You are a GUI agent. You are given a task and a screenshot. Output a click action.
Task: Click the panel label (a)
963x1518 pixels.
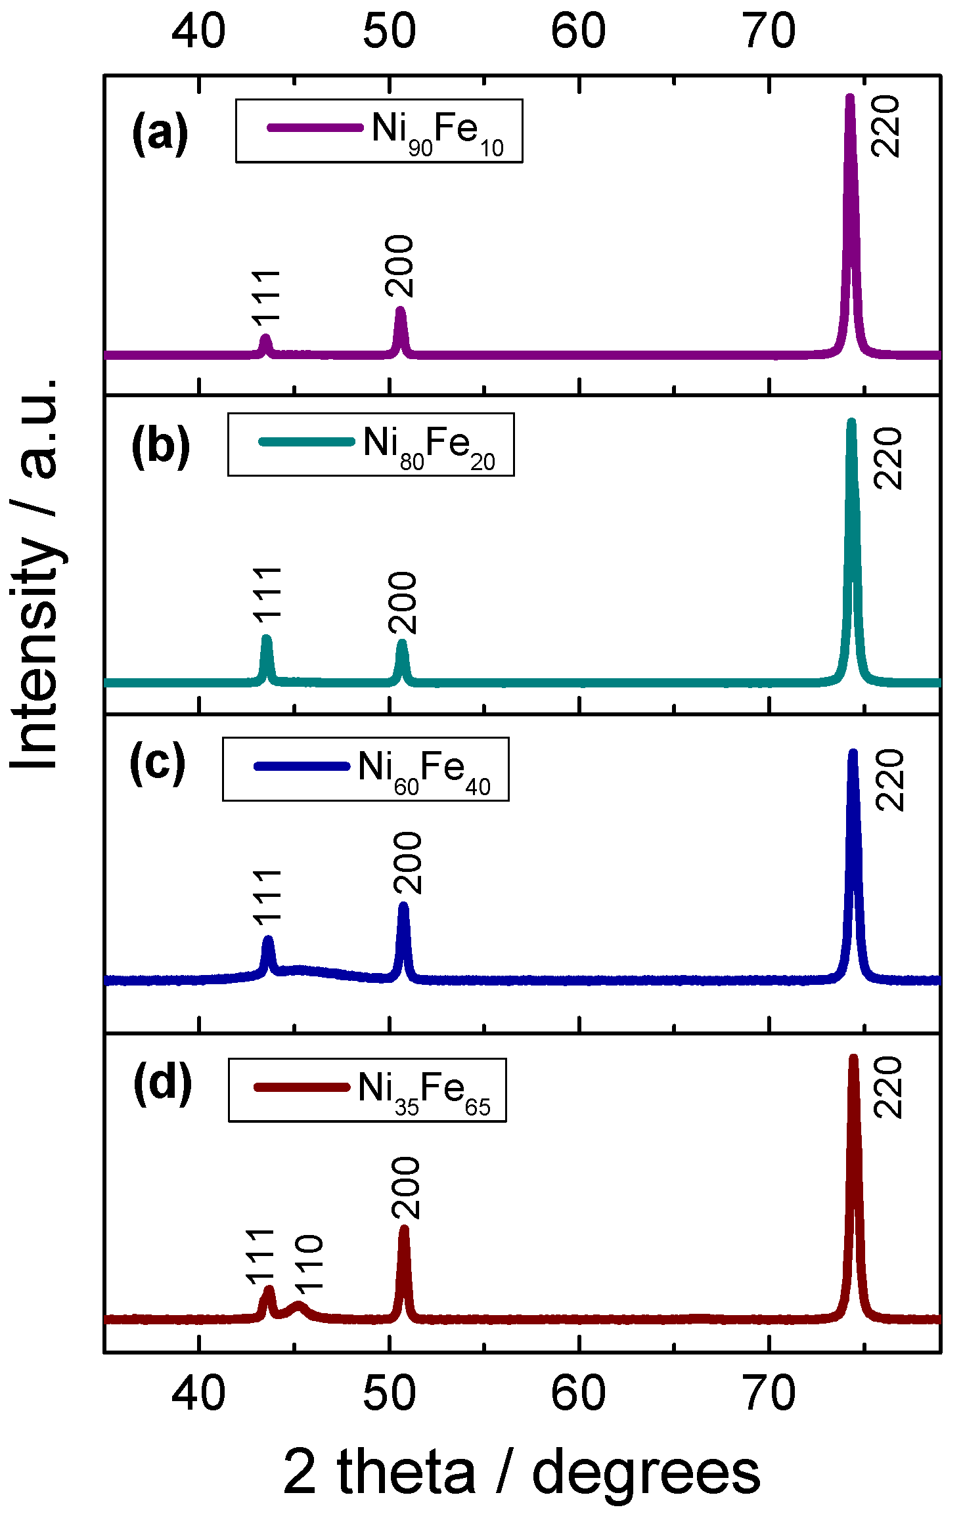coord(160,133)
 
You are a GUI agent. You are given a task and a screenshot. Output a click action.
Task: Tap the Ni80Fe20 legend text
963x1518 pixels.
coord(428,446)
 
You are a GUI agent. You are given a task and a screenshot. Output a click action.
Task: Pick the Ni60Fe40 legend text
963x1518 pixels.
coord(424,771)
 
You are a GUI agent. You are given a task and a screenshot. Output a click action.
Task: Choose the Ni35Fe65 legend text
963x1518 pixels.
coord(424,1092)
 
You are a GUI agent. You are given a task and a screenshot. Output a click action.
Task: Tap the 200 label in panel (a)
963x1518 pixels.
coord(399,267)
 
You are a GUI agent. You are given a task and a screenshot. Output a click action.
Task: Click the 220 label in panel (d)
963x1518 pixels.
coord(888,1087)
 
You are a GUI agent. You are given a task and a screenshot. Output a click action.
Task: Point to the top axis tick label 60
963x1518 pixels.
coord(578,31)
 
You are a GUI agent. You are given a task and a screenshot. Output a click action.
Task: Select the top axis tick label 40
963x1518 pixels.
coord(198,31)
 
